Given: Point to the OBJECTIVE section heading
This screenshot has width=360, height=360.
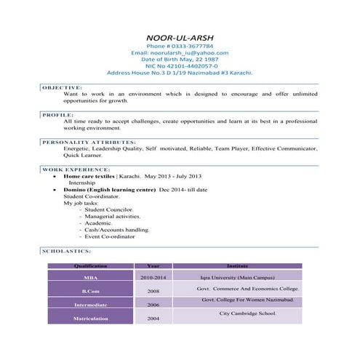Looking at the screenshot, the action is [x=63, y=87].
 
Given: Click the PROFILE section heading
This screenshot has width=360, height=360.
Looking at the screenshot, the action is [x=57, y=114].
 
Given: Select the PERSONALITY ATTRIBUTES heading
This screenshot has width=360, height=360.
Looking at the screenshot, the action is [x=89, y=142].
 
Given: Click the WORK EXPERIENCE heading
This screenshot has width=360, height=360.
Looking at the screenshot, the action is [x=76, y=169].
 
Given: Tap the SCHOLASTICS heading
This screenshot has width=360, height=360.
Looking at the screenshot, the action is [x=67, y=250].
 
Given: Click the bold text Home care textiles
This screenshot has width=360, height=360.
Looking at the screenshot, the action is [x=89, y=177].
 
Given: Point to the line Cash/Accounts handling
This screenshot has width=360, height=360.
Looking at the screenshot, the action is [x=117, y=230].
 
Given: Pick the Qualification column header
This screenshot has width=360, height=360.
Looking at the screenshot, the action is [x=90, y=266].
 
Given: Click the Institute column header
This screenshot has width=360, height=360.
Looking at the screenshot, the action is [x=237, y=266].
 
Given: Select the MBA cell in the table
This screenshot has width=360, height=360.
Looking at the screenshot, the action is [x=90, y=278].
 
